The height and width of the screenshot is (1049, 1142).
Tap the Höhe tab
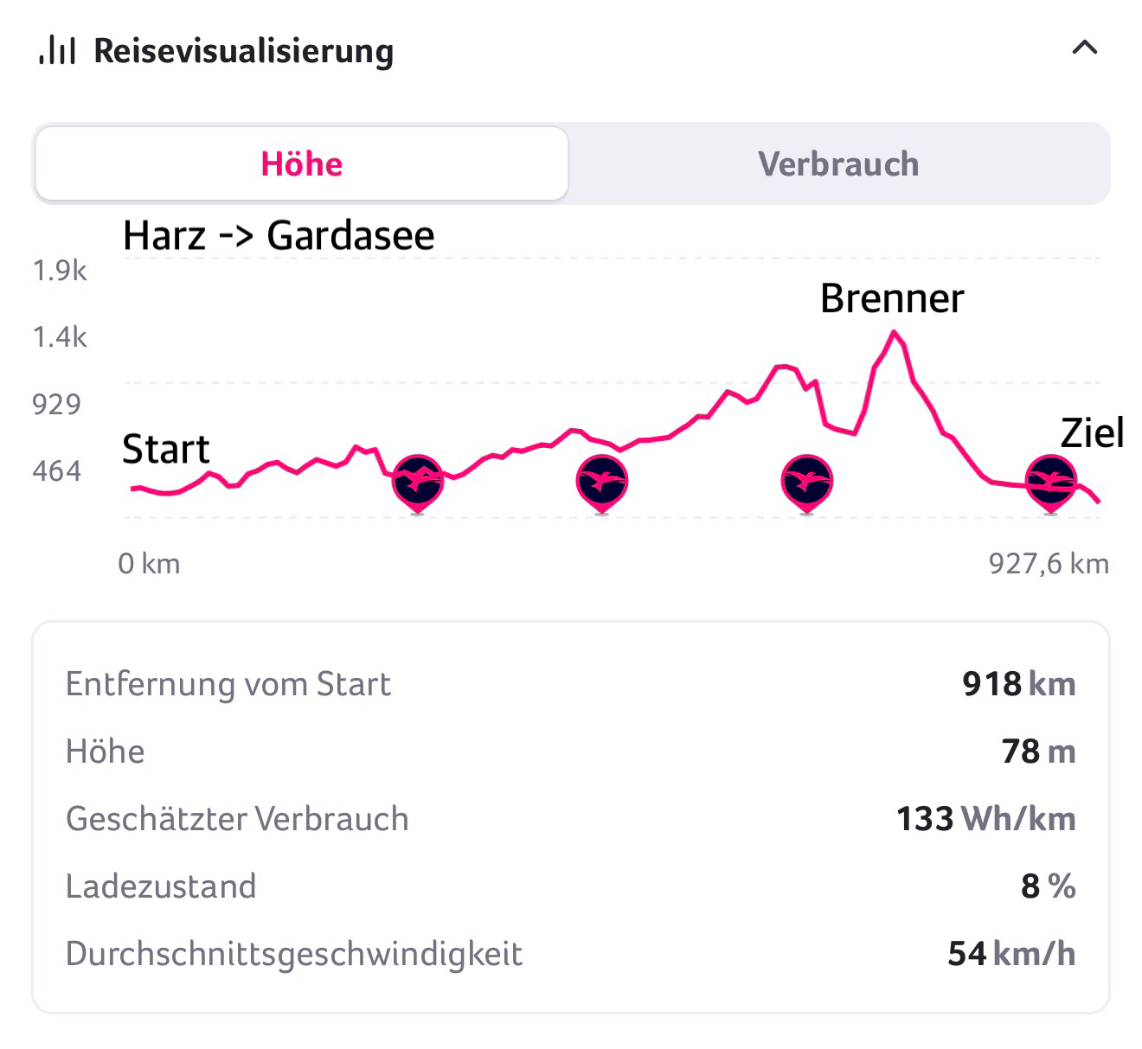pos(302,164)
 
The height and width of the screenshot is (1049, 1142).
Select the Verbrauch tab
pos(838,164)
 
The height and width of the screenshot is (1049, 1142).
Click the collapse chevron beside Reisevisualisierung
pos(1084,48)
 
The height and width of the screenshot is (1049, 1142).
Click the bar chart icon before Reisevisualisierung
pos(58,50)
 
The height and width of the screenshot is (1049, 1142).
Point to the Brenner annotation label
pos(891,299)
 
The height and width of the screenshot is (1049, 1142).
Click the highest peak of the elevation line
pos(894,332)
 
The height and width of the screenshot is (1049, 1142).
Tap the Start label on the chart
pos(165,450)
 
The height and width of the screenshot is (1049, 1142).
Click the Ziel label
pos(1092,433)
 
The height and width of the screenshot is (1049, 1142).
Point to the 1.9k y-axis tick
pos(60,272)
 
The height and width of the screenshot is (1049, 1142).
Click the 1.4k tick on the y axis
pos(60,337)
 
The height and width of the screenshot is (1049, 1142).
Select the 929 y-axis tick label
pos(56,404)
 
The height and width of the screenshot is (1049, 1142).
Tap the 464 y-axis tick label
pos(56,471)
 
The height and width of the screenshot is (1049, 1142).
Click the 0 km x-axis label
pos(149,564)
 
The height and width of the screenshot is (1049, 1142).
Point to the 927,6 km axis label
pos(1048,564)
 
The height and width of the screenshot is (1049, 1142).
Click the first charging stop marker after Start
pos(418,480)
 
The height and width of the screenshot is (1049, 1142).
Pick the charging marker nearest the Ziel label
pos(1051,480)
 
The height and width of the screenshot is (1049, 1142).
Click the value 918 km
pos(1018,684)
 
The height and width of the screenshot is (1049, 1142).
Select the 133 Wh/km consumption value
pos(985,819)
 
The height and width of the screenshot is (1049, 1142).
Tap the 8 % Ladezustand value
pos(1048,886)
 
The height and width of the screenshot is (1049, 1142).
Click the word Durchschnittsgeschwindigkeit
pos(294,954)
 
